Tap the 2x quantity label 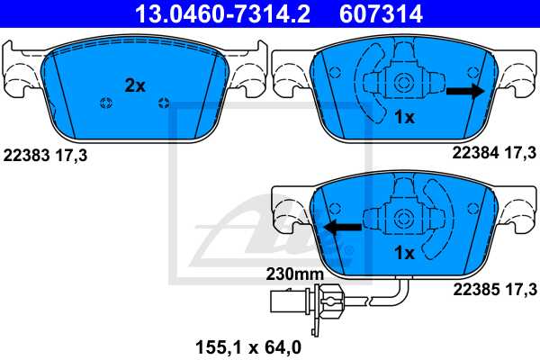tap(134, 85)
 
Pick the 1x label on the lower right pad tap(404, 253)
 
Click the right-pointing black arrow tap(464, 90)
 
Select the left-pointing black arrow tap(342, 227)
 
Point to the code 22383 tap(25, 154)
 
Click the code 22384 tap(468, 154)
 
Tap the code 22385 tap(468, 289)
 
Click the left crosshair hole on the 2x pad tap(106, 102)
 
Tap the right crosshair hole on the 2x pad tap(163, 102)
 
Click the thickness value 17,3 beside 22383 tap(72, 154)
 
